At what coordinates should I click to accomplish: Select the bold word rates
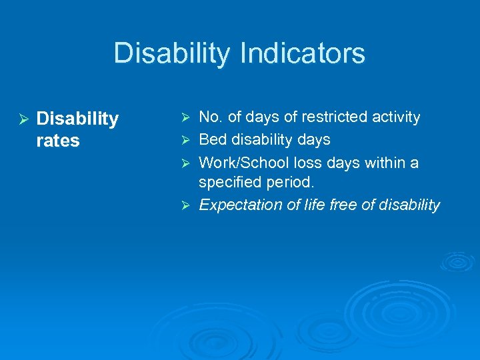click(x=58, y=141)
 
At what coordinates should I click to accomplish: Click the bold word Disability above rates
click(x=77, y=119)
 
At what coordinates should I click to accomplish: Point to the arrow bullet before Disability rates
click(x=23, y=119)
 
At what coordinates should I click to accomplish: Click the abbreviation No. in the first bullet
click(x=211, y=117)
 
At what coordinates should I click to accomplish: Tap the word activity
click(x=395, y=117)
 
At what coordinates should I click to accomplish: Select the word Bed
click(x=213, y=140)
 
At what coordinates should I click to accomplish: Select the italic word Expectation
click(x=242, y=205)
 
